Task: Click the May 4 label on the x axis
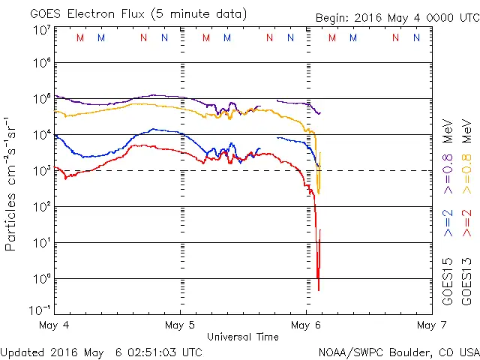pos(55,325)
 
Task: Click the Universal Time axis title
pos(242,337)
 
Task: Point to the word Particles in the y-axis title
pos(11,221)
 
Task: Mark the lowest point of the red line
pos(319,290)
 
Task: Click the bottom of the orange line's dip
pos(319,194)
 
